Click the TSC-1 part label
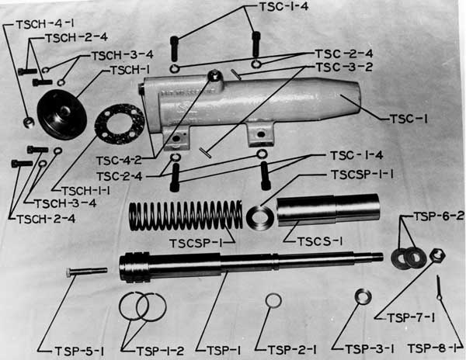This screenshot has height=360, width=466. (409, 119)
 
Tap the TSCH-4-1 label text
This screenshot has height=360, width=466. (43, 24)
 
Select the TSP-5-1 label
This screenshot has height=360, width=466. (79, 351)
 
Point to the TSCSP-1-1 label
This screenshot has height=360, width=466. (362, 175)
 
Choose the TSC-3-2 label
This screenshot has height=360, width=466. (344, 67)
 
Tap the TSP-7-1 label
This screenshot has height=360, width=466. (412, 318)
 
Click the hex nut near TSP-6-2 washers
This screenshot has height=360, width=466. (437, 255)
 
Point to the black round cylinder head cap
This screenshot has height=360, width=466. (62, 115)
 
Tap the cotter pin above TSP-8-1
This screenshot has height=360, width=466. (439, 288)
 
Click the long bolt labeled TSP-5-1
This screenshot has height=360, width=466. (86, 272)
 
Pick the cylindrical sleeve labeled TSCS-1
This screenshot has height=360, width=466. (329, 209)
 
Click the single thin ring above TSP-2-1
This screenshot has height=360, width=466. (273, 300)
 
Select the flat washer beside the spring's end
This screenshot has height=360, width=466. (260, 218)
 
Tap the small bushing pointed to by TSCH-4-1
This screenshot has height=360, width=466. (29, 122)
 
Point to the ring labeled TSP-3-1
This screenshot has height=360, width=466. (363, 296)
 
